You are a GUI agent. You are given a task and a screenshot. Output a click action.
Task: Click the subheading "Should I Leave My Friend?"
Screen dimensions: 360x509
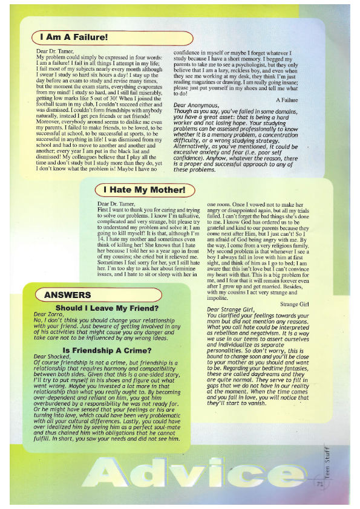106,308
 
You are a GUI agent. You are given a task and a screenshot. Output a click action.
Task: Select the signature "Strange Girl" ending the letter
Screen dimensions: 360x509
294,304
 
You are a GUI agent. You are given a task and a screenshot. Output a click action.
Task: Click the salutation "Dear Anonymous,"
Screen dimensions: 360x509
195,106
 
